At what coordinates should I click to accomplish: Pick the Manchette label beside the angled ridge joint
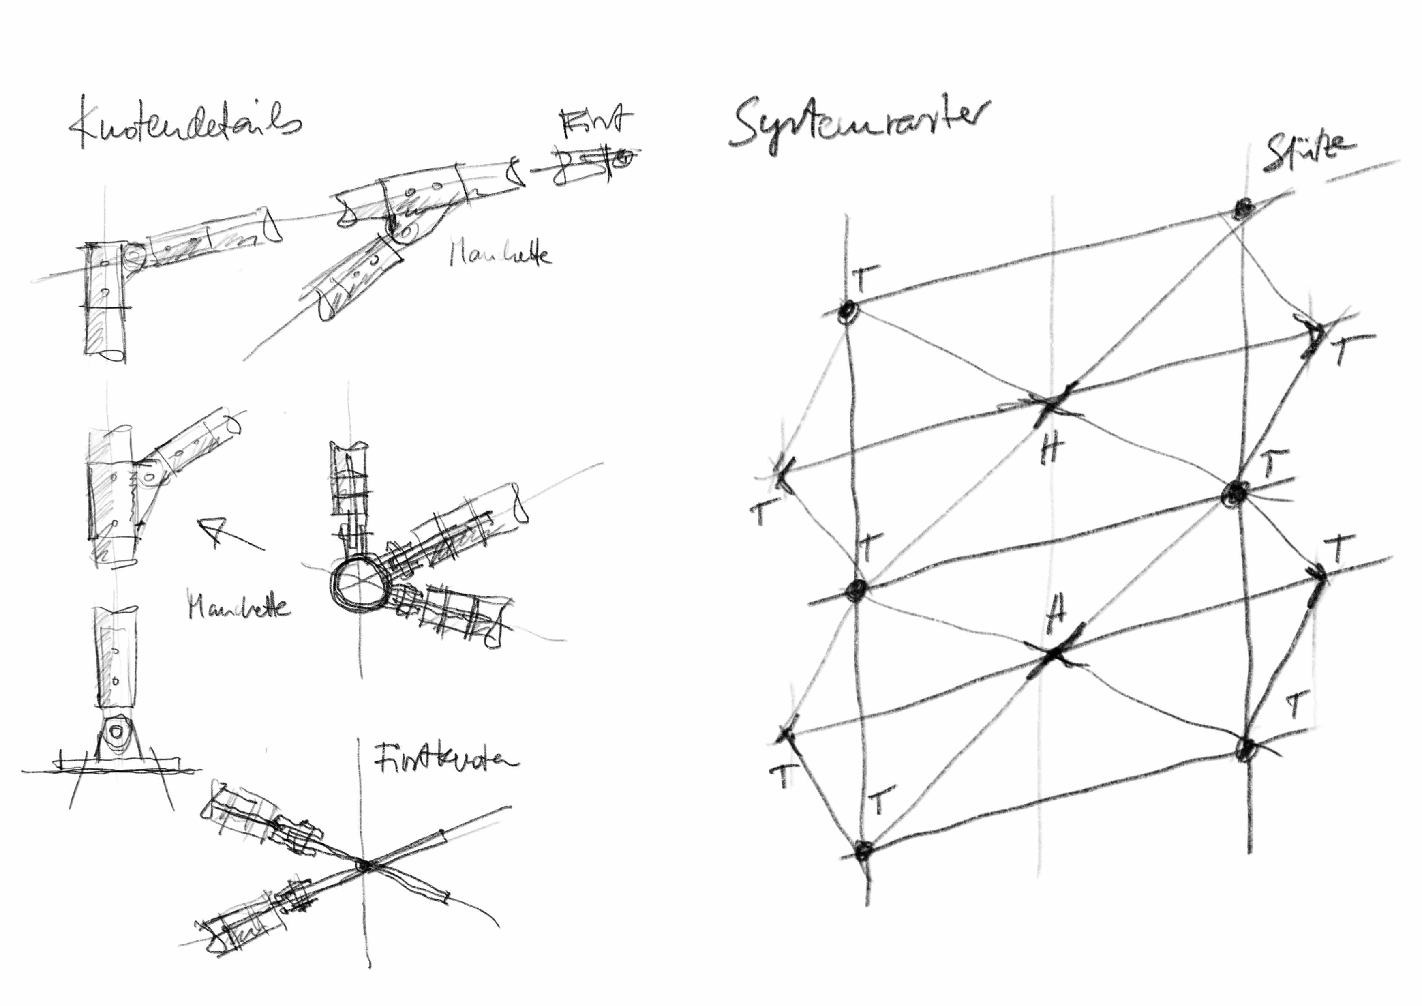coord(499,254)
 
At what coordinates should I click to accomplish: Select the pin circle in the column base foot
coord(116,732)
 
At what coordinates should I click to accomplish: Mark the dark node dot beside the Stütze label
coord(1241,209)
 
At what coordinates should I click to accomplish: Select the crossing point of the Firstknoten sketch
coord(364,865)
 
